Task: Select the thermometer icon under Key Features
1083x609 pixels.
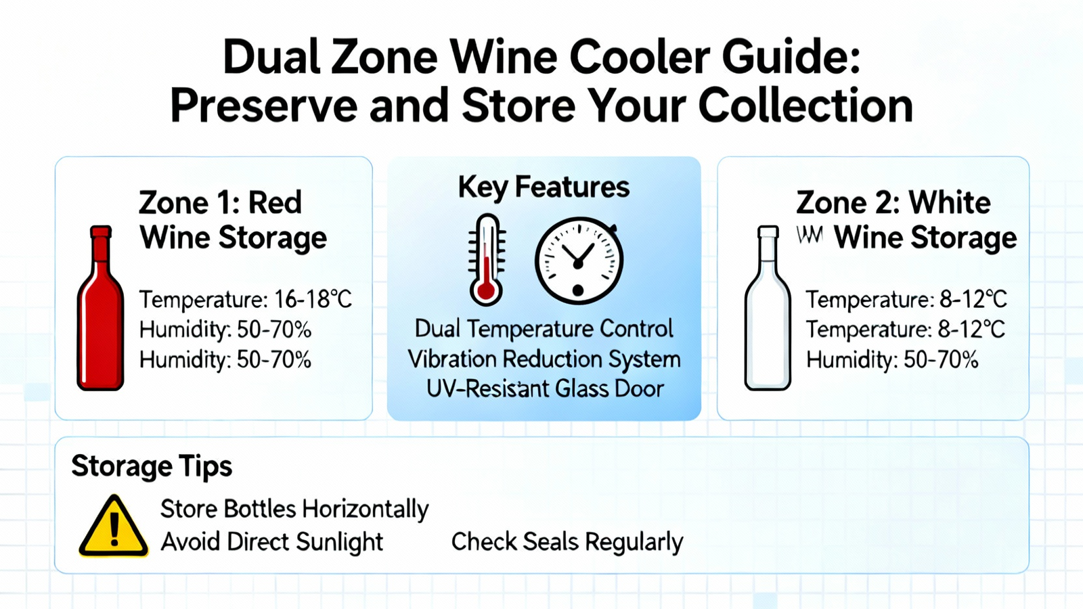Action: click(x=487, y=260)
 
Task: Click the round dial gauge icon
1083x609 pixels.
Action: click(x=579, y=261)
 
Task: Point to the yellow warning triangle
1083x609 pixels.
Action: click(x=114, y=527)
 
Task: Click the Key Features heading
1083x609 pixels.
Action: click(x=544, y=187)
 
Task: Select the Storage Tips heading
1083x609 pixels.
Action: click(x=152, y=467)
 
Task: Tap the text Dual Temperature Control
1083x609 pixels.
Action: click(x=544, y=329)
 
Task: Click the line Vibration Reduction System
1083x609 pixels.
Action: click(x=544, y=359)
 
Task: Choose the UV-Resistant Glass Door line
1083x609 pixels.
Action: click(x=545, y=388)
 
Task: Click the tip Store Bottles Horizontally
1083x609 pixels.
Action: click(x=294, y=509)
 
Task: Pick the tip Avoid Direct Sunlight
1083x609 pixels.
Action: click(x=271, y=541)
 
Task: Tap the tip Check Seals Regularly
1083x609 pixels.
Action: click(x=567, y=542)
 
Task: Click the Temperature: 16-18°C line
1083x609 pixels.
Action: click(x=246, y=300)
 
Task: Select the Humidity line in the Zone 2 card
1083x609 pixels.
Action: click(x=892, y=361)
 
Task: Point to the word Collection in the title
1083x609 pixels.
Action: click(x=805, y=106)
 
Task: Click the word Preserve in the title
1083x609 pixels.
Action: click(x=263, y=106)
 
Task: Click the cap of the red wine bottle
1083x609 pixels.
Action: click(x=101, y=231)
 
